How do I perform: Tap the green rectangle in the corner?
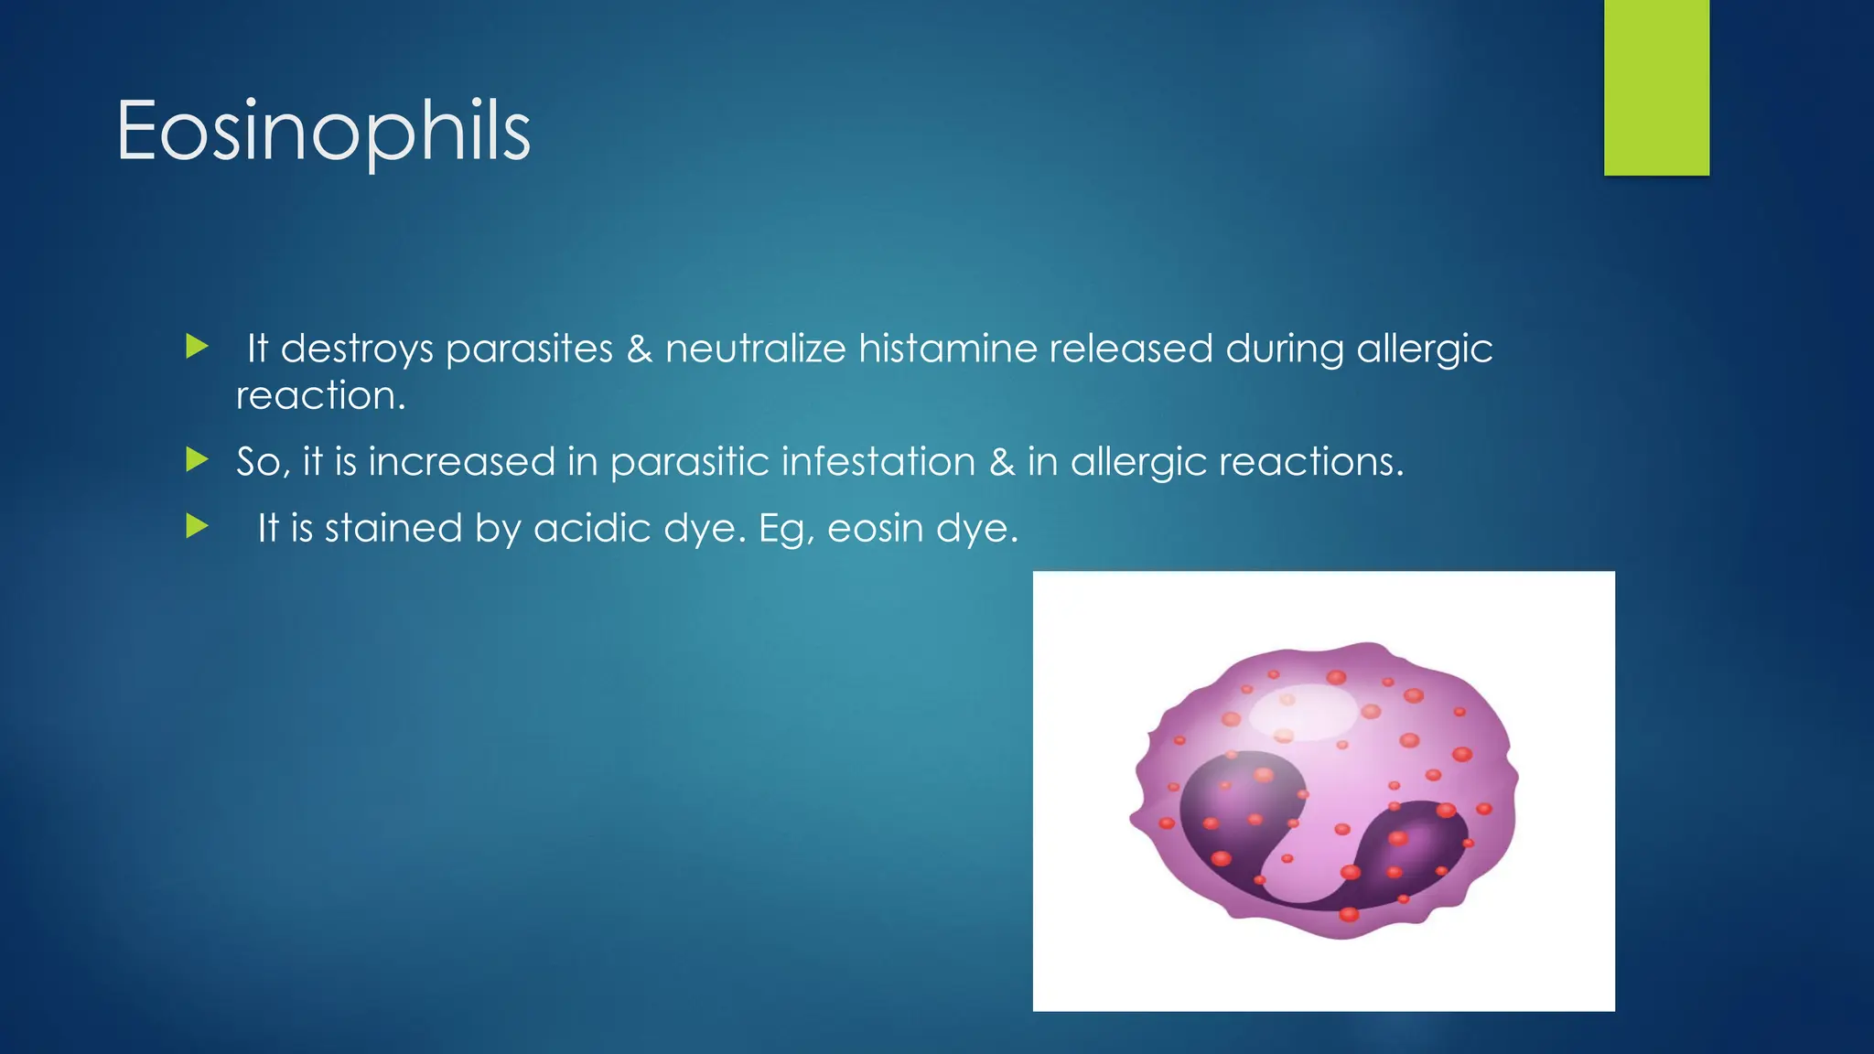[1655, 88]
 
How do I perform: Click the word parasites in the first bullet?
[529, 350]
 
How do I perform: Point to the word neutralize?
[755, 349]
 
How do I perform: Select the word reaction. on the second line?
[320, 396]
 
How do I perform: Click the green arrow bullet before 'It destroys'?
[197, 347]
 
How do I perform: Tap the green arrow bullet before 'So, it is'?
[197, 459]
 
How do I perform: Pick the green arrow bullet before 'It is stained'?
[197, 526]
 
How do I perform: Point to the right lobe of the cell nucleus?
[1414, 846]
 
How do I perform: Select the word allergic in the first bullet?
[1424, 350]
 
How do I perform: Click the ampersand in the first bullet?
[639, 349]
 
